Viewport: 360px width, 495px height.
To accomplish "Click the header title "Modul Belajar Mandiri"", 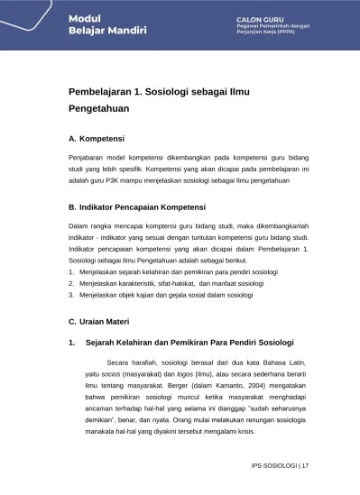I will pos(87,24).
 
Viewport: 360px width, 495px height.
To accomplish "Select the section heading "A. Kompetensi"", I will pos(97,142).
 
